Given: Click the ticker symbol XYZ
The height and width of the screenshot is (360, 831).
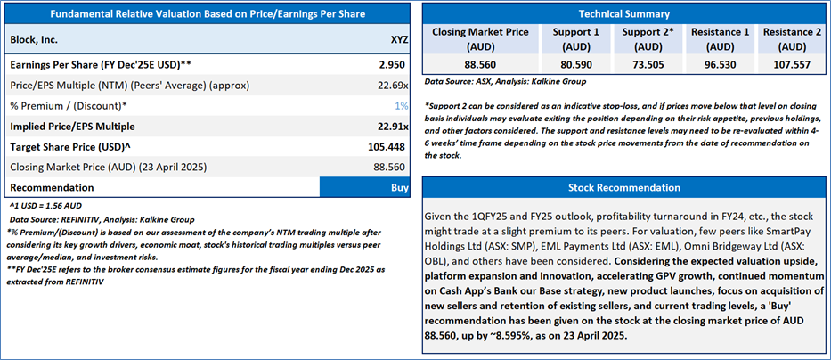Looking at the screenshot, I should (x=400, y=40).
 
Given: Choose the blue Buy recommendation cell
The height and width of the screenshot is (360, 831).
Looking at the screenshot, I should (x=366, y=187).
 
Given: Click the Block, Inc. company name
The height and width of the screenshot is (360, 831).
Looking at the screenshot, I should (x=35, y=40).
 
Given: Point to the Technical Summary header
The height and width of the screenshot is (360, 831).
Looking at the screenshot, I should (x=623, y=14).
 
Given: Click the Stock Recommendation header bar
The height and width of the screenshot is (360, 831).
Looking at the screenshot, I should (x=623, y=188).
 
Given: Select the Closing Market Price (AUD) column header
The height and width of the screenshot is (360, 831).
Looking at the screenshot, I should (x=479, y=38).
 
